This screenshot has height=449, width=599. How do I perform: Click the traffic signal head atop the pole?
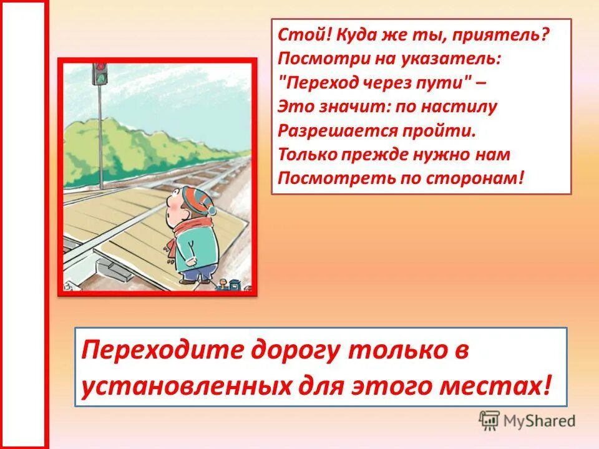[100, 72]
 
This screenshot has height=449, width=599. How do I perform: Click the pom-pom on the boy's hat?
[212, 211]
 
